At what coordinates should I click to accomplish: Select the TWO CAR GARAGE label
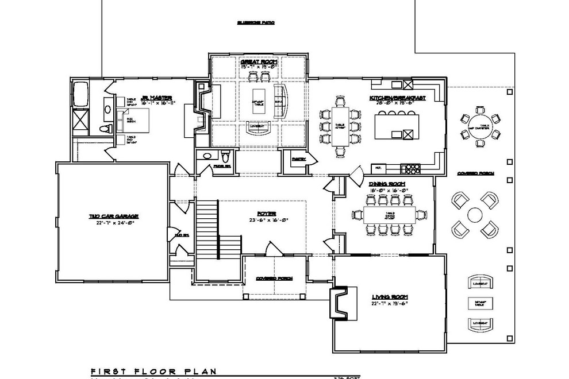click(114, 216)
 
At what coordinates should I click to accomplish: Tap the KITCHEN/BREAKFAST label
click(398, 99)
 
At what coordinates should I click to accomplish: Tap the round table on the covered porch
click(475, 215)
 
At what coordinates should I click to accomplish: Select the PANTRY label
click(298, 159)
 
